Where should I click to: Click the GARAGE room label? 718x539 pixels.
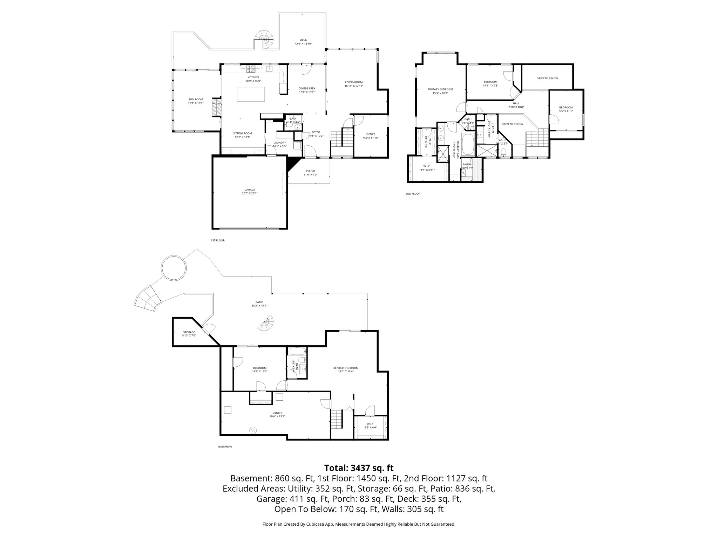click(250, 190)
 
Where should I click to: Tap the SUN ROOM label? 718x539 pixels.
click(196, 100)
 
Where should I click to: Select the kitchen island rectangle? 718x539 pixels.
click(251, 94)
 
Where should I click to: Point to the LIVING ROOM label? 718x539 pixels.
click(354, 82)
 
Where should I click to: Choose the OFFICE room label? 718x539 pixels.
click(371, 134)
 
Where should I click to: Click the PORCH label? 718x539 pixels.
click(310, 171)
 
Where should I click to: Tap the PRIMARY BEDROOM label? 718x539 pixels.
click(440, 89)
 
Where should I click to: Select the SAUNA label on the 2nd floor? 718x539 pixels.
click(467, 164)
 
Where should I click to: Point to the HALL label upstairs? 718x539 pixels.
click(516, 103)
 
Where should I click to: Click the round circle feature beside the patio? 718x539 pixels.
click(174, 268)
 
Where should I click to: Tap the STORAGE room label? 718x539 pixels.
click(189, 332)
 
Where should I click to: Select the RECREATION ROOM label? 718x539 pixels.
click(346, 368)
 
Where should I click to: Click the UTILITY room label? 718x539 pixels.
click(277, 413)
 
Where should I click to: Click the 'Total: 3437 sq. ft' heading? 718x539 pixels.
click(359, 468)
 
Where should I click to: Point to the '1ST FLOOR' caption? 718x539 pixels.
click(217, 241)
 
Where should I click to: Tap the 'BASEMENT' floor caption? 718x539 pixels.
click(225, 447)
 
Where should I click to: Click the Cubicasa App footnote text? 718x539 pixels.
click(359, 524)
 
